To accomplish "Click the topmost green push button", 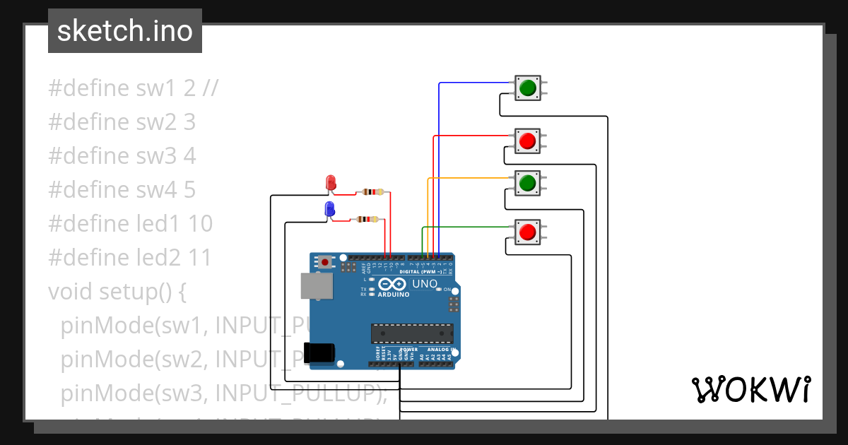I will coord(527,88).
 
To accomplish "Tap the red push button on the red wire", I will coord(527,141).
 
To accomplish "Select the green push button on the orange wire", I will coord(527,184).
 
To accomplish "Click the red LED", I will coord(330,182).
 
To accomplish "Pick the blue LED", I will coord(329,209).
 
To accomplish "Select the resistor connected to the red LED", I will coord(372,191).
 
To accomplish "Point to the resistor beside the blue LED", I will coord(366,220).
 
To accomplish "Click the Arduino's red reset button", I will coord(325,262).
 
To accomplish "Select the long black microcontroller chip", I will coord(412,333).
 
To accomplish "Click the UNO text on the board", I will coord(425,284).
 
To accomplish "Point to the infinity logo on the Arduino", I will coord(394,284).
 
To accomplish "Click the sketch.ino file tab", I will coord(125,31).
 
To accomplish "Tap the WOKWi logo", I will coord(750,389).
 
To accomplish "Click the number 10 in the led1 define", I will coord(201,224).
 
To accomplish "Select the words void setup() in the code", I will coord(117,291).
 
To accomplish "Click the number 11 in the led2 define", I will coord(200,258).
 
